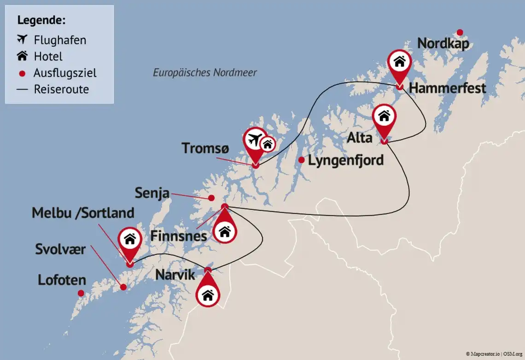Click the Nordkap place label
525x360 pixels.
point(443,44)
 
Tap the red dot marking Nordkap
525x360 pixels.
point(459,32)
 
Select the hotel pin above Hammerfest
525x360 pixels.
point(399,63)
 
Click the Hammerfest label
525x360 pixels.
point(447,88)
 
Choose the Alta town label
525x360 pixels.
point(359,137)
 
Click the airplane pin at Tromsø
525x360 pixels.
point(255,139)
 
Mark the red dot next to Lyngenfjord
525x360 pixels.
point(301,160)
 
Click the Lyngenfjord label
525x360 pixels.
point(345,160)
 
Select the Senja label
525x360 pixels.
point(152,193)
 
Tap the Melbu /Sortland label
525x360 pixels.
point(83,213)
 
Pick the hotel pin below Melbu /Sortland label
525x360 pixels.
point(130,240)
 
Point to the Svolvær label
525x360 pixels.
point(60,249)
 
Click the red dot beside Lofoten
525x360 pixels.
point(81,293)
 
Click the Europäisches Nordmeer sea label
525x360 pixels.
point(204,72)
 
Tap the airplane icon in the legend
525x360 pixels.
point(22,40)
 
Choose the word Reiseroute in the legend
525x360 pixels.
point(61,89)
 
